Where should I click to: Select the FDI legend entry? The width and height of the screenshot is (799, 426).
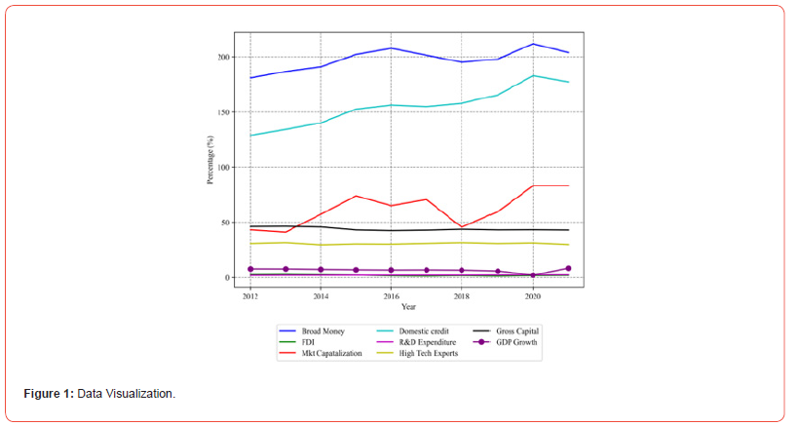pos(309,342)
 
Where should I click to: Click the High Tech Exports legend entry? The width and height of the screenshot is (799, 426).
pos(423,353)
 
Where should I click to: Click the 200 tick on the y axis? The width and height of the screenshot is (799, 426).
pos(223,58)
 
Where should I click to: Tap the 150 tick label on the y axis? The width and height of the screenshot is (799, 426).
pos(223,112)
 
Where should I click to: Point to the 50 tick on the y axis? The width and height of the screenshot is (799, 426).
pos(225,223)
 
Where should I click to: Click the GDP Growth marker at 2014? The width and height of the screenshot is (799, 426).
pos(321,269)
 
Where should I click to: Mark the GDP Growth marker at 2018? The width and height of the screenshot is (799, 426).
pos(462,270)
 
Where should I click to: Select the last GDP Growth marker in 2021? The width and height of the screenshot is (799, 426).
pos(568,268)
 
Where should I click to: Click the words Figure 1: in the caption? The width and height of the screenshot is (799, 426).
pos(49,393)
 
